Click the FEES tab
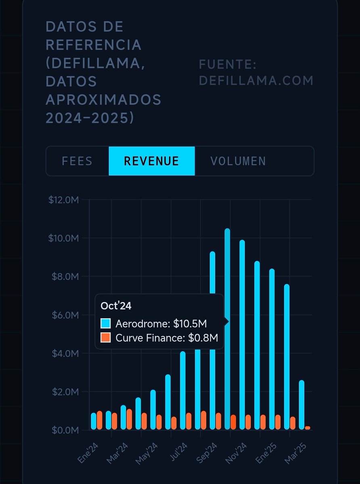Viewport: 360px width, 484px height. (x=77, y=161)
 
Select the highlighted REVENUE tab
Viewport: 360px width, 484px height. (x=151, y=161)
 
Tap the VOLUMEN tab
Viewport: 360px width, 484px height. (x=238, y=161)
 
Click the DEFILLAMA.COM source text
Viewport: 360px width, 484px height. (x=256, y=80)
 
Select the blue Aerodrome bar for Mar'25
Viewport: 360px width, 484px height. (x=301, y=405)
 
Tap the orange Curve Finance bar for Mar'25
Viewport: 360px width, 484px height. (x=308, y=428)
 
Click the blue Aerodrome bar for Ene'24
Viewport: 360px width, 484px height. (x=94, y=421)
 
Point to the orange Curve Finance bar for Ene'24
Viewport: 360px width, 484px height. (x=100, y=420)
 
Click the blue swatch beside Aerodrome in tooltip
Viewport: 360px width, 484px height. (x=106, y=323)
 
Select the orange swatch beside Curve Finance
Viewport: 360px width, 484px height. (x=106, y=338)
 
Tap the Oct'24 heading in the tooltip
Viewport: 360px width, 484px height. (x=116, y=306)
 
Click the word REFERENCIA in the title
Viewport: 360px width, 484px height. (x=94, y=45)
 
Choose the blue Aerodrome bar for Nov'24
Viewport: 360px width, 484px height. (x=242, y=335)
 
